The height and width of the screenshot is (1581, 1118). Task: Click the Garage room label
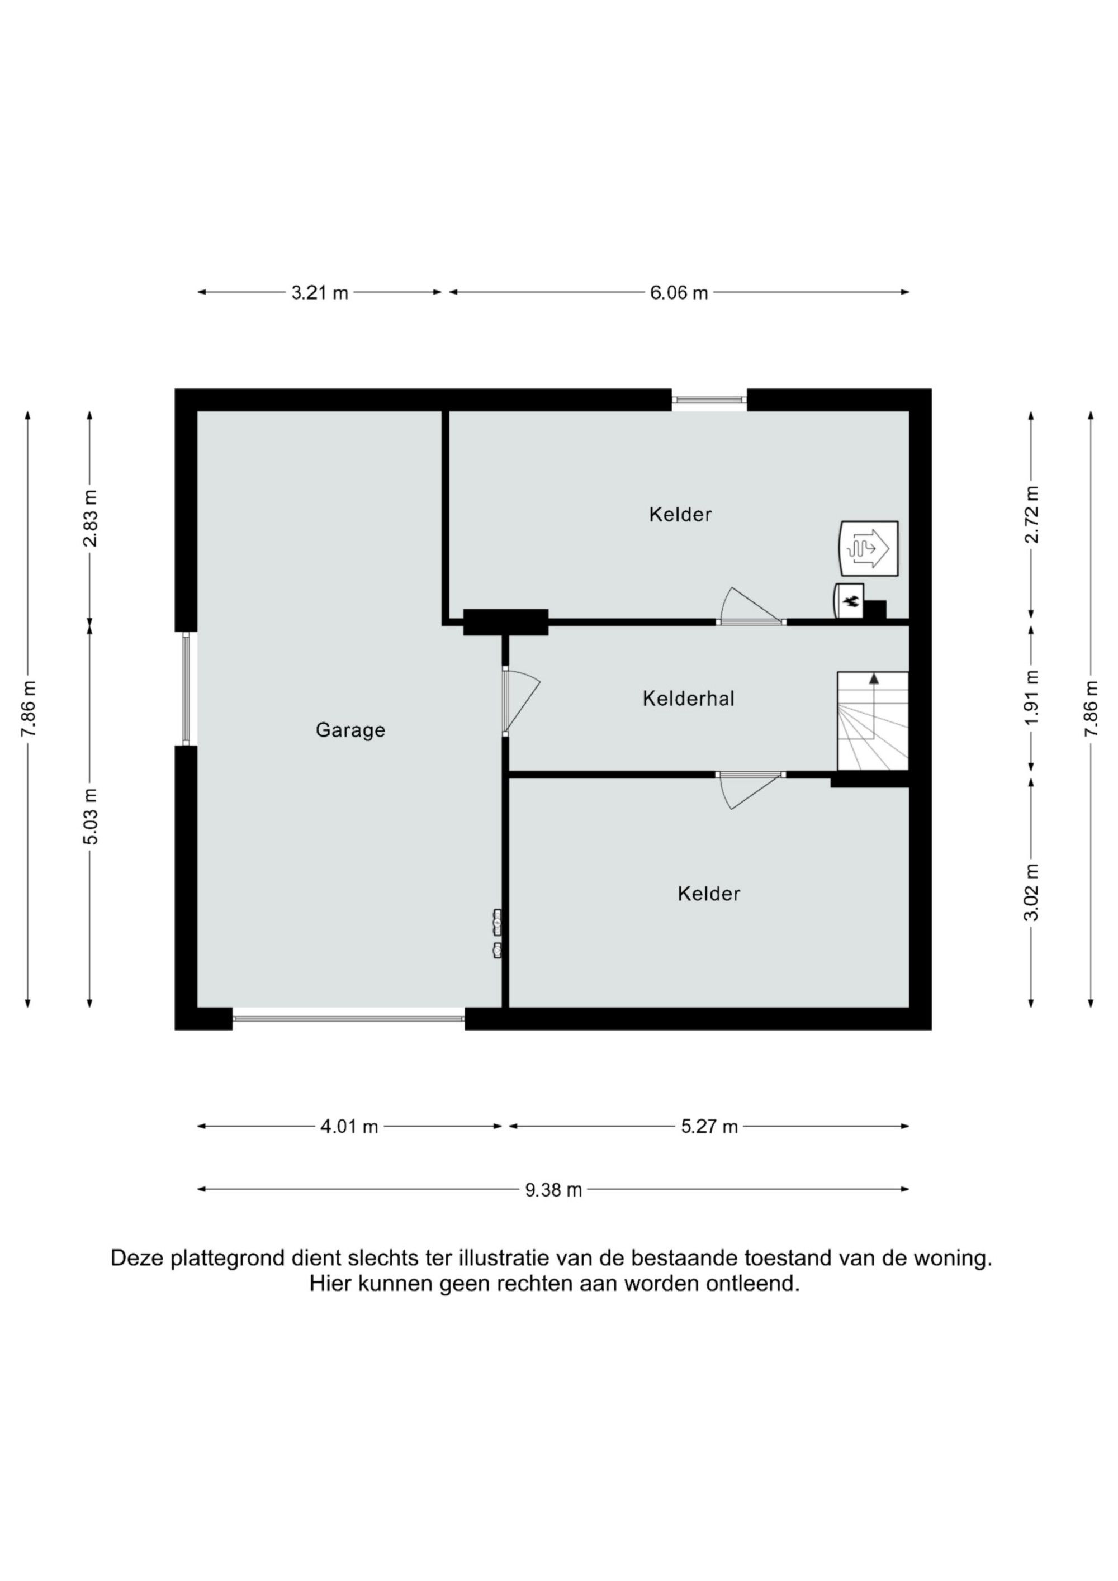coord(350,730)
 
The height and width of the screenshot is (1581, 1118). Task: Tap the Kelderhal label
coord(688,699)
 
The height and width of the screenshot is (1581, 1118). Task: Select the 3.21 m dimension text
coord(320,293)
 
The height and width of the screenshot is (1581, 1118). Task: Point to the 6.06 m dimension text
coord(679,293)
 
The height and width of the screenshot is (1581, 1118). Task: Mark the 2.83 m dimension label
coord(90,518)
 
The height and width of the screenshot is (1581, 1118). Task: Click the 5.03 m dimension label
coord(90,815)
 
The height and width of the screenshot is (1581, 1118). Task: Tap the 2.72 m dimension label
coord(1031,514)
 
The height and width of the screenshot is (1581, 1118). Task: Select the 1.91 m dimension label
coord(1031,697)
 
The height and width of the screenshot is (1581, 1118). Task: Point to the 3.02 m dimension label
coord(1031,892)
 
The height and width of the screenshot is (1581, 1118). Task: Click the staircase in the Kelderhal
coord(873,721)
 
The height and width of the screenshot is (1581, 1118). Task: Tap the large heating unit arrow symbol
coord(869,548)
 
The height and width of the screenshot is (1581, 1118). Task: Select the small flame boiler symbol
coord(849,601)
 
